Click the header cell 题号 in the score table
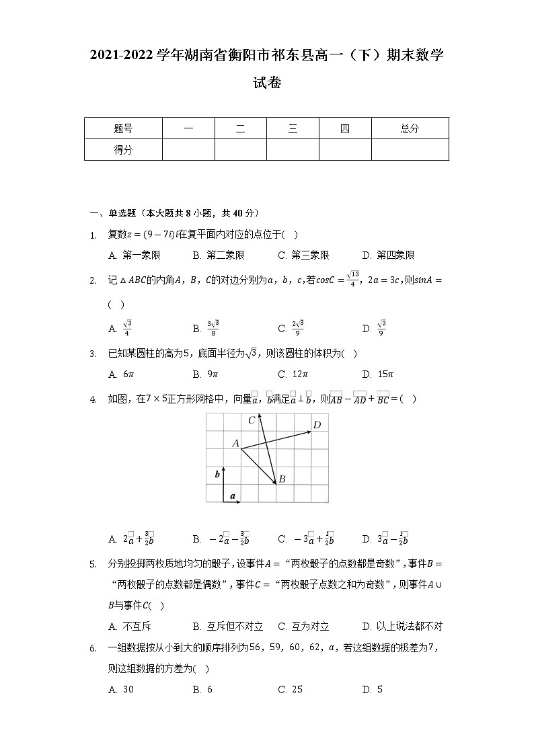123,128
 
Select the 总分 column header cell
410,128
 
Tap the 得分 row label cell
123,150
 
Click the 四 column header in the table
345,128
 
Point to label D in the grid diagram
317,424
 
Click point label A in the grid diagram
235,443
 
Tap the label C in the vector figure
252,420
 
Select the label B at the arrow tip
282,479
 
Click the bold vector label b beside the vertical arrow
217,475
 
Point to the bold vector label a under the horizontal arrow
233,496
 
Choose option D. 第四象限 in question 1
388,255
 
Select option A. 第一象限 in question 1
134,255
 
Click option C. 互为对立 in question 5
303,627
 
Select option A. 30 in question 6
122,689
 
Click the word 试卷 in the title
266,83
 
